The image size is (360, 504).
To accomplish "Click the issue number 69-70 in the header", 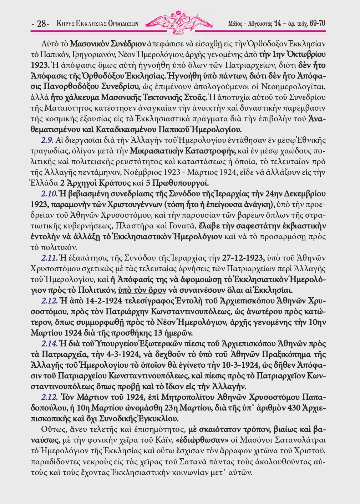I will coord(317,24).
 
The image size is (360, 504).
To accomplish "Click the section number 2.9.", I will coord(47,140).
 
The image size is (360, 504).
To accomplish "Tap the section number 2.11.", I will coord(49,258).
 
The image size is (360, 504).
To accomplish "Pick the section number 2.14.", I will coord(49,343).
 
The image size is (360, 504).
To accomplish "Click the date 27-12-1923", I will coord(243,258).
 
